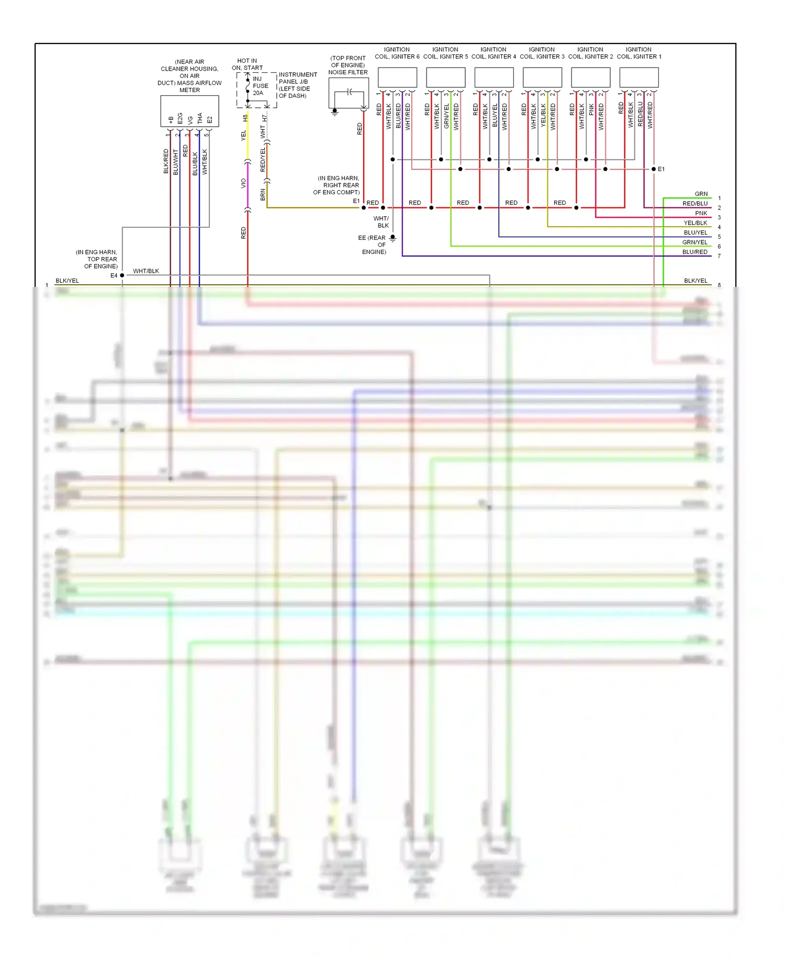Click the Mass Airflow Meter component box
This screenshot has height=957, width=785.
[x=189, y=111]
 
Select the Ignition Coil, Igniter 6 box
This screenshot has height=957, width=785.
[x=397, y=77]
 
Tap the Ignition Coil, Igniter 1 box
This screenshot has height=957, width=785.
[x=639, y=77]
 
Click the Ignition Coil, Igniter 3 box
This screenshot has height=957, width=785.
[x=542, y=77]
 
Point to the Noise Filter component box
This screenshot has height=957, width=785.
[x=349, y=93]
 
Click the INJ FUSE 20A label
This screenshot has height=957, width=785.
[x=260, y=86]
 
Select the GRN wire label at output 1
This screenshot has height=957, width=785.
[x=701, y=194]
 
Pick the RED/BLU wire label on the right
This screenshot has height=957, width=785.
[x=694, y=204]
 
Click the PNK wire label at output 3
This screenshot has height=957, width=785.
[x=701, y=213]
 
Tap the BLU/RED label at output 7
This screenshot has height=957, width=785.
[x=694, y=252]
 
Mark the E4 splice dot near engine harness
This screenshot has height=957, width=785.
[x=122, y=275]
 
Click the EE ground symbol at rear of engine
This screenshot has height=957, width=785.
[x=392, y=238]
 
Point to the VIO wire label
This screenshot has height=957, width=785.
[x=243, y=183]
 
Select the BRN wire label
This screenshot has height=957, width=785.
[x=263, y=195]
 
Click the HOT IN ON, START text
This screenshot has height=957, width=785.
[x=247, y=64]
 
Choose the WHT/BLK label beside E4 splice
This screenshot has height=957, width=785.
[x=146, y=271]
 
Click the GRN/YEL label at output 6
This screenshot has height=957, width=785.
[x=694, y=242]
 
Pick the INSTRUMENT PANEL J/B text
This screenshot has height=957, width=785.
[x=297, y=78]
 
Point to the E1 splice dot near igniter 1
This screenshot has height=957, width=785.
[x=654, y=169]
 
